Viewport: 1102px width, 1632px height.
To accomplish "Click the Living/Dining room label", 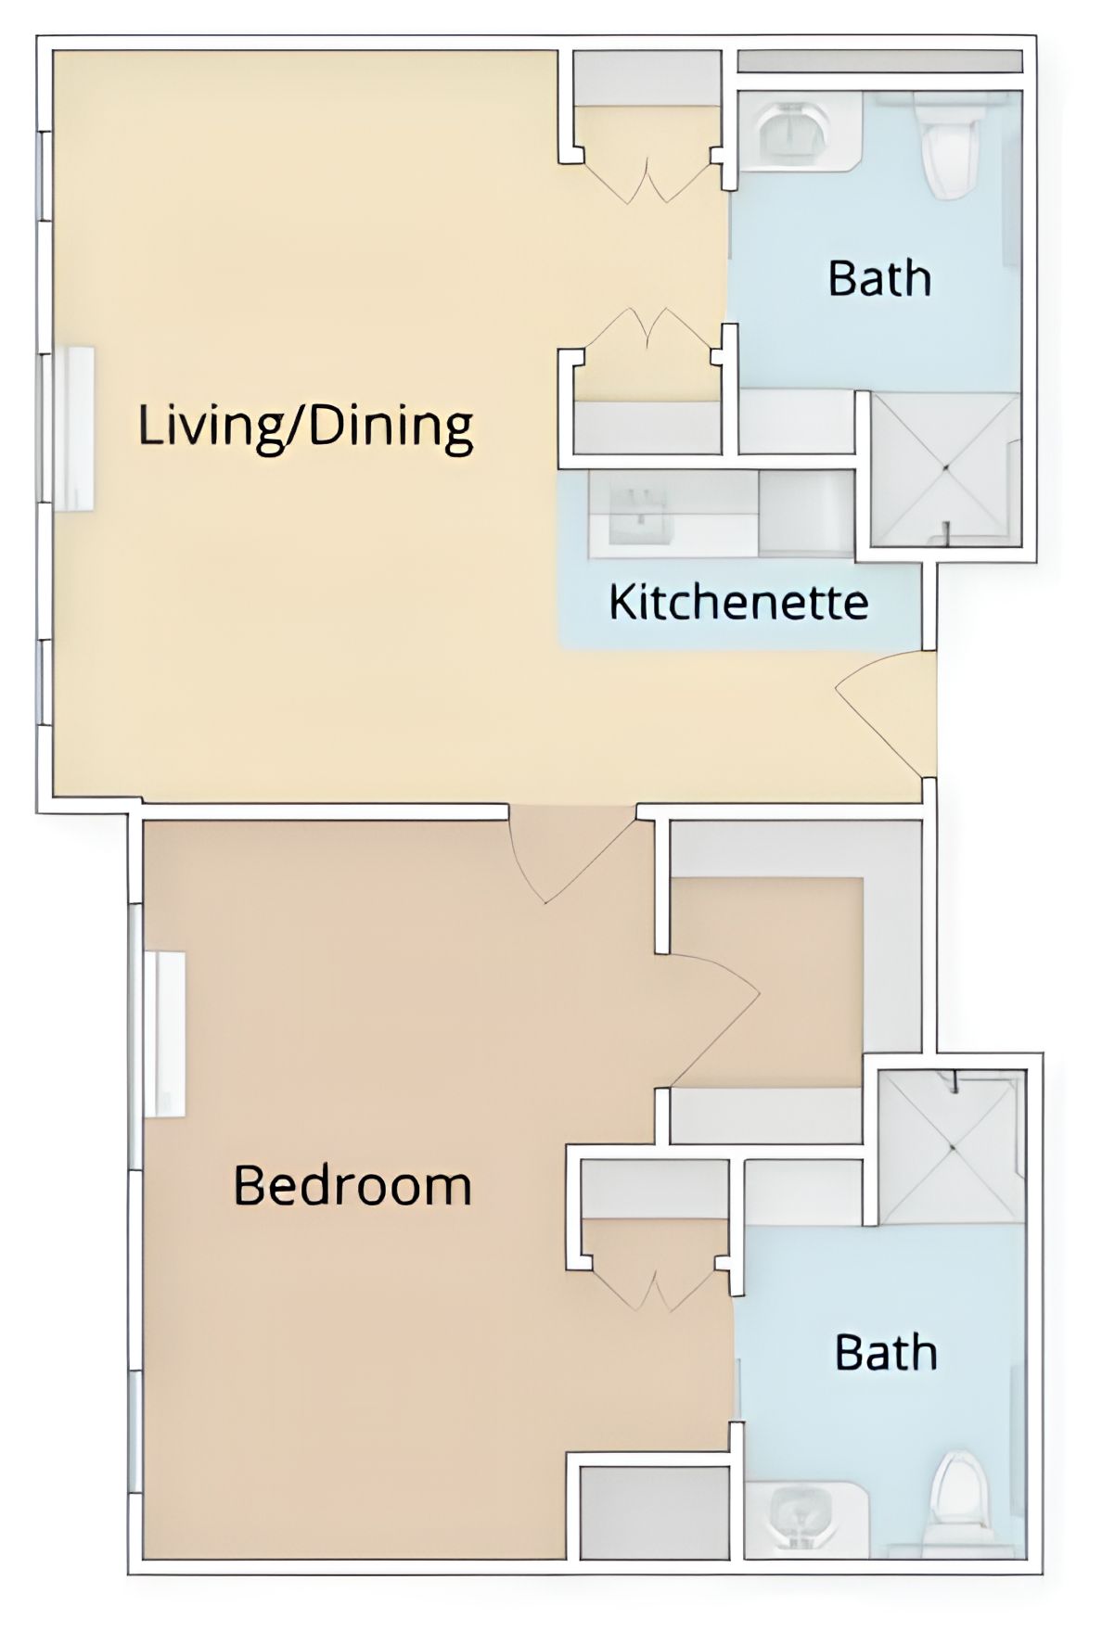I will coord(305,426).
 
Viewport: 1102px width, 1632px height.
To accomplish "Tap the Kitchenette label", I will coord(738,602).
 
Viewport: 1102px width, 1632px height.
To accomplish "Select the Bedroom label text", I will coord(352,1185).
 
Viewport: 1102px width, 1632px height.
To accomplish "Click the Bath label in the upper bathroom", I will coord(879,278).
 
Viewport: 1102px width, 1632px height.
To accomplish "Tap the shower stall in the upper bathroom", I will coord(945,468).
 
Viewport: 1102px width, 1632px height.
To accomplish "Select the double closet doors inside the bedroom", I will coord(655,1284).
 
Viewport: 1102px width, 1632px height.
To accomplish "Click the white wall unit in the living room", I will coord(74,427).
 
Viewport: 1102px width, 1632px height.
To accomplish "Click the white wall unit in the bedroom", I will coord(165,1034).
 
